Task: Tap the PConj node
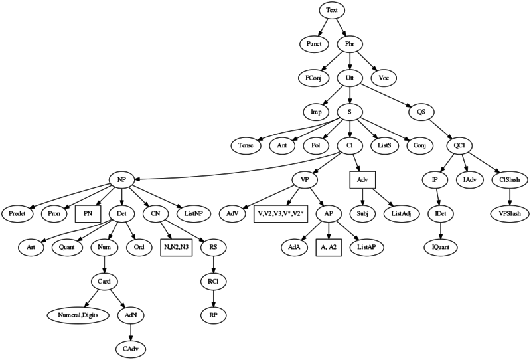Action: click(x=314, y=78)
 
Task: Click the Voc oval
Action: click(x=384, y=78)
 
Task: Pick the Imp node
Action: click(x=317, y=112)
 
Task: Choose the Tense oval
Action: click(x=246, y=145)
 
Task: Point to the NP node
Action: click(x=122, y=179)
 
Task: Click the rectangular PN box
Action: click(x=88, y=213)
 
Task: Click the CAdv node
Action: click(x=130, y=349)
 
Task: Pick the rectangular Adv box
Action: click(x=362, y=179)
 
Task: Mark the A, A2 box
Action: click(x=329, y=247)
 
